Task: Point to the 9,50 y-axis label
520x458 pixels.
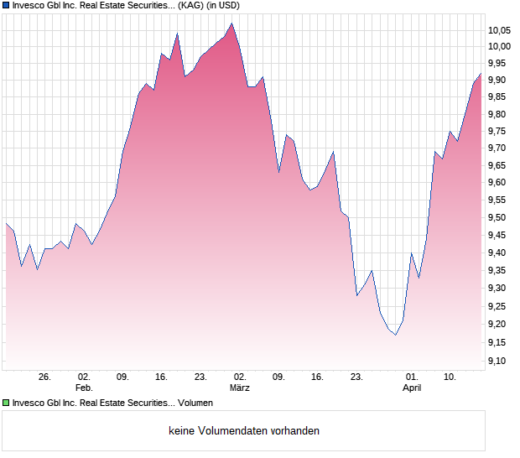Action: tap(500, 217)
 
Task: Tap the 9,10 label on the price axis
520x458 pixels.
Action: tap(500, 361)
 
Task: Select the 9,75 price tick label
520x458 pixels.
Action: tap(500, 131)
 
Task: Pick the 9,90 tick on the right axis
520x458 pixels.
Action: tap(500, 80)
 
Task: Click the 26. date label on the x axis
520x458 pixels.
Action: tap(45, 377)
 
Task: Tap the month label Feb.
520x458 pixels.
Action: tap(84, 388)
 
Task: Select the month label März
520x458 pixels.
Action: tap(240, 388)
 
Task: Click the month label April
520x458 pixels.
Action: tap(412, 388)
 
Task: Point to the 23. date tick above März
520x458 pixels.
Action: tap(200, 377)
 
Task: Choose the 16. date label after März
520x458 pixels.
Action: tap(317, 377)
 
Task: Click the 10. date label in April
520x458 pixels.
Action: tap(450, 377)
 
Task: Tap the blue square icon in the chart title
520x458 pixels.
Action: tap(6, 5)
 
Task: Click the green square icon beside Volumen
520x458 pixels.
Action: tap(6, 403)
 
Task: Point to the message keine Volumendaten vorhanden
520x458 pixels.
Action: tap(244, 431)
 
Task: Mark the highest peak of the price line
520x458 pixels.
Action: tap(231, 23)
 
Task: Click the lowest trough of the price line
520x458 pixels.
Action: tap(396, 335)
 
